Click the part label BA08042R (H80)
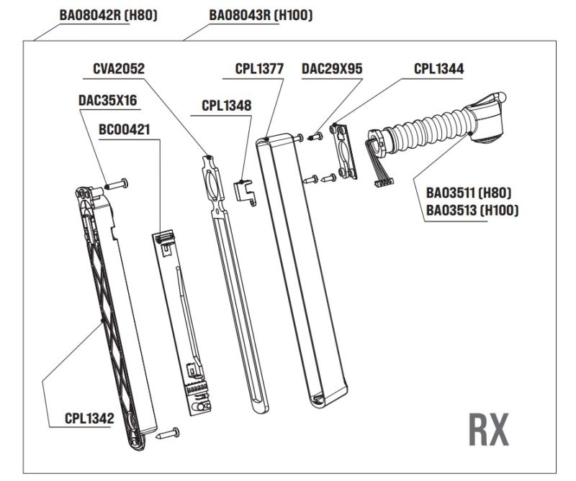(108, 15)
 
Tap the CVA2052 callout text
(119, 69)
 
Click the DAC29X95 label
(332, 69)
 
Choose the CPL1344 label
(438, 69)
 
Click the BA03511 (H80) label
(468, 193)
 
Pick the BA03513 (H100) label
(472, 211)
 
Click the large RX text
(489, 430)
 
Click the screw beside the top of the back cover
(117, 185)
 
